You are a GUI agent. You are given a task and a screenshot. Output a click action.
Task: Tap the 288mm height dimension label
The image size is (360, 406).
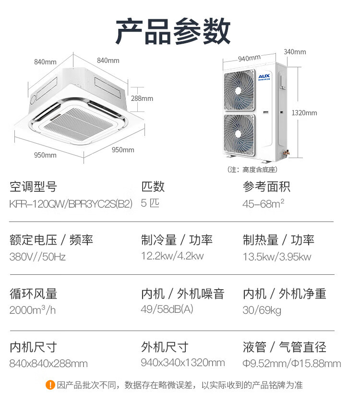coord(142,98)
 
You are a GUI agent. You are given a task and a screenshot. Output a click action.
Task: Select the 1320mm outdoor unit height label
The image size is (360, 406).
coord(304,113)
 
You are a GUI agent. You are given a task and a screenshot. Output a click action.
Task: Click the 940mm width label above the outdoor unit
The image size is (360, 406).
coord(249,58)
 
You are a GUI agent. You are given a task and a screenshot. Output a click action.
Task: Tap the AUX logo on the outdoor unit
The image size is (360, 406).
coord(264,76)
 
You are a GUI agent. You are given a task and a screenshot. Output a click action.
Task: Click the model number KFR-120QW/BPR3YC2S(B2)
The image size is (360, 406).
coord(71,203)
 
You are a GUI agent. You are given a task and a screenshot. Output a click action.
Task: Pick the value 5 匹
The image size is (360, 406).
coord(150,203)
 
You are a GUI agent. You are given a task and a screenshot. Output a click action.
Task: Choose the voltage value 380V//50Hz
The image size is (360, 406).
coord(37,257)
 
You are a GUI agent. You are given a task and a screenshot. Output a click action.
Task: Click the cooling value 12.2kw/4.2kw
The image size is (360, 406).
coord(172,256)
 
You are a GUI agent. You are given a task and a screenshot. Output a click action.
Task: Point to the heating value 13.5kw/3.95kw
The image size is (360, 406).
coord(277,257)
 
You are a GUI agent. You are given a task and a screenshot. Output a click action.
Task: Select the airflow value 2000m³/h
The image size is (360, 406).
coord(33,310)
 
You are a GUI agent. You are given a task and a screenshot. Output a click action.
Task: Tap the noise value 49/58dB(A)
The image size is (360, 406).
coord(167,309)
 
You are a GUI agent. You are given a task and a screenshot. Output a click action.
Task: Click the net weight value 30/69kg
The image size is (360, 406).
coord(262,310)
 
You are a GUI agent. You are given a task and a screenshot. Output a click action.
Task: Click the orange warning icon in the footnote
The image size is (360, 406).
coord(50,385)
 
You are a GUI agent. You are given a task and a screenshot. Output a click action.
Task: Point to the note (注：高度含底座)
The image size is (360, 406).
coord(252,170)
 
